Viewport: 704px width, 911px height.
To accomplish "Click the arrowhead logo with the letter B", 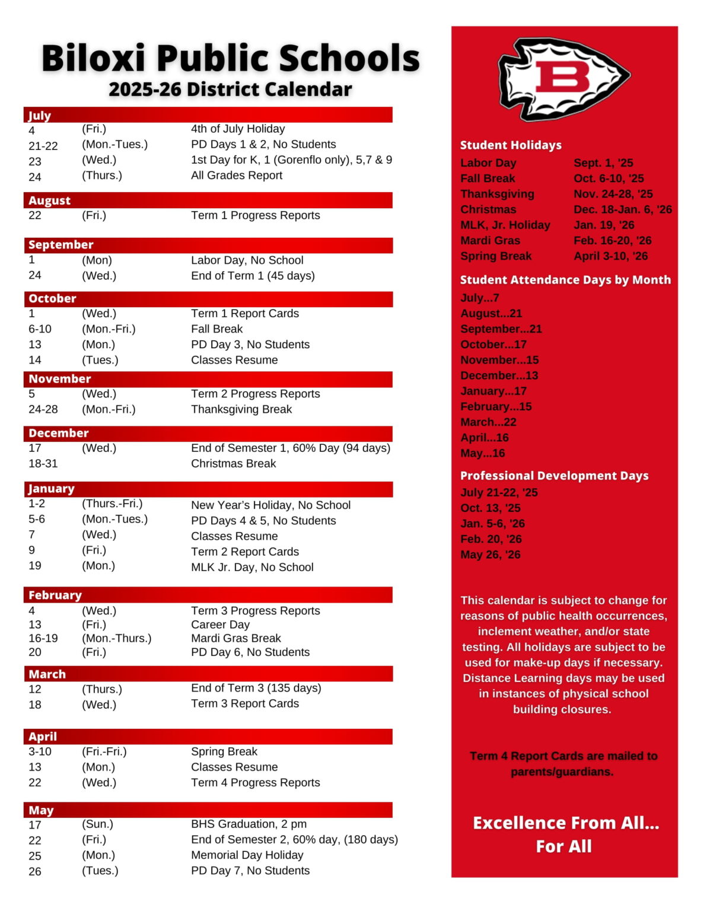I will [x=563, y=78].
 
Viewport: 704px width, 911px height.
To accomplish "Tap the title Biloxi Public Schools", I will [x=230, y=58].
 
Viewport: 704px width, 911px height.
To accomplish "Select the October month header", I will [x=53, y=299].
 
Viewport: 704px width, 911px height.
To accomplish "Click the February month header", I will [x=55, y=595].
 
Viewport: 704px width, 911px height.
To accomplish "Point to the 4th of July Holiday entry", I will [x=237, y=129].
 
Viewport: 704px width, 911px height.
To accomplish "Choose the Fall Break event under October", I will [x=216, y=329].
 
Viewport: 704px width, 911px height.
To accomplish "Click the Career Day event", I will [x=220, y=625].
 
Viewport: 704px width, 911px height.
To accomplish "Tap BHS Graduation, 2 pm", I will [x=249, y=824].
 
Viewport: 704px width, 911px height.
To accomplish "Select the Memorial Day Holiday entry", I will [x=247, y=855].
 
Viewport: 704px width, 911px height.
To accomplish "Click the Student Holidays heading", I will [x=511, y=145].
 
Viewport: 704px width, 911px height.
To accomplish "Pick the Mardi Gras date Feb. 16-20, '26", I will [x=612, y=241].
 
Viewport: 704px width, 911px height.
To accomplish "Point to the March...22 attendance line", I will [x=488, y=422].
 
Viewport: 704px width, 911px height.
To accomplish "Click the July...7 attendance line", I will [x=480, y=298].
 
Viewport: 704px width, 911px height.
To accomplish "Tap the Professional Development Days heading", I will [x=554, y=476].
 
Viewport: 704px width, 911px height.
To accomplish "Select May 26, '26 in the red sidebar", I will [x=490, y=555].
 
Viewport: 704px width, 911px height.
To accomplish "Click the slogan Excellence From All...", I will [x=565, y=823].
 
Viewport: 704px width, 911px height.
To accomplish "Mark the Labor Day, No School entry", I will [x=247, y=260].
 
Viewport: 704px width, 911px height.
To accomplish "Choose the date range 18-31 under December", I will [x=43, y=464].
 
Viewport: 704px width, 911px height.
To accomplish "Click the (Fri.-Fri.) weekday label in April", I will [x=104, y=752].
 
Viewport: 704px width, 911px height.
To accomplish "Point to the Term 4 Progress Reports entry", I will [x=255, y=783].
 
